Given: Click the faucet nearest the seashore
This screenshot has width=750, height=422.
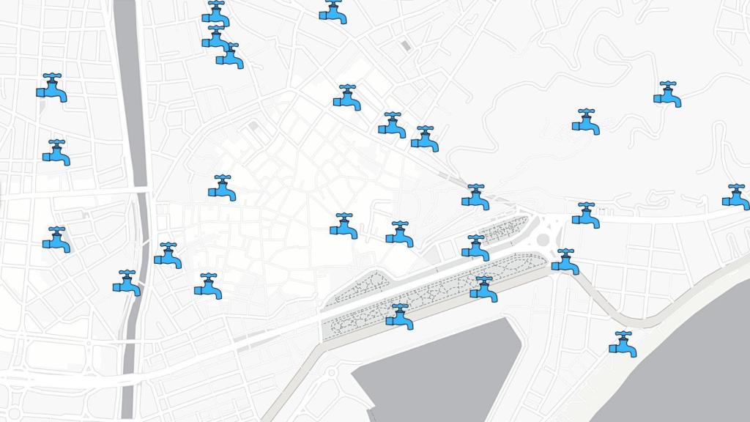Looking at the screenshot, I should click(623, 344).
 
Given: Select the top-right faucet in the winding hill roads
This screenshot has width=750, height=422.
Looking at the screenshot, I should click(667, 95).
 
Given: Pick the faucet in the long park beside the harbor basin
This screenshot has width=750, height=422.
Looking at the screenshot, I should click(399, 316).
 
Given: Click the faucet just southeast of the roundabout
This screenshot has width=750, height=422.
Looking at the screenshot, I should click(565, 262).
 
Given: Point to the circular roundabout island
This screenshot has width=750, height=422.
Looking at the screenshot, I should click(542, 238).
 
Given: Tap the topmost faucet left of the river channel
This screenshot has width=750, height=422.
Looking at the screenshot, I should click(51, 87).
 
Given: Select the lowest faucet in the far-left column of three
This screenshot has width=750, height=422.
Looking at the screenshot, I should click(56, 240).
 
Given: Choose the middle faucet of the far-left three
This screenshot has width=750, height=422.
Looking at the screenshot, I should click(56, 152).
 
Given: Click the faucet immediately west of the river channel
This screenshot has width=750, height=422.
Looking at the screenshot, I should click(127, 283).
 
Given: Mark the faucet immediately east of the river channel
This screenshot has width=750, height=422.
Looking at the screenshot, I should click(168, 256).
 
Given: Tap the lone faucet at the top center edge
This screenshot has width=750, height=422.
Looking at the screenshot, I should click(333, 12).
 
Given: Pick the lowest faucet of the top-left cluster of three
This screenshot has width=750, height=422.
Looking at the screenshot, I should click(230, 56).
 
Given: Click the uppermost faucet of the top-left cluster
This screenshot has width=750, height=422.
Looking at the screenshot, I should click(215, 13).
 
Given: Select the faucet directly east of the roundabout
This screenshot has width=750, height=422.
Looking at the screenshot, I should click(586, 215).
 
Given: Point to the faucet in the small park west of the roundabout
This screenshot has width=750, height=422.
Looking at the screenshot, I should click(475, 248).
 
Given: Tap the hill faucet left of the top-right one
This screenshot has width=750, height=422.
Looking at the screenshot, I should click(586, 122).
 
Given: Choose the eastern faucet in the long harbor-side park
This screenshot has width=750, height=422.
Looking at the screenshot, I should click(483, 289).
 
